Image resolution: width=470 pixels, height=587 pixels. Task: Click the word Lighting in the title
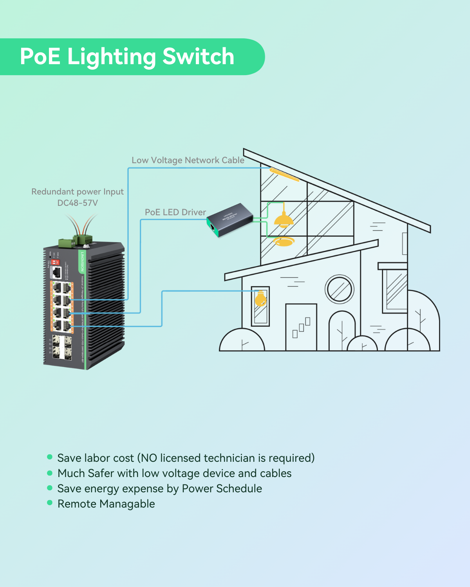pos(111,57)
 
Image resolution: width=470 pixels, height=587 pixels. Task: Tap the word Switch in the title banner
pos(198,57)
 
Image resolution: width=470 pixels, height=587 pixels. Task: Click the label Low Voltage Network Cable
pos(188,160)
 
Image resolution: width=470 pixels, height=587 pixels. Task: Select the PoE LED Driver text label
pos(175,212)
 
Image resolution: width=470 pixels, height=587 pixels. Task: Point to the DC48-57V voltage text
pos(78,203)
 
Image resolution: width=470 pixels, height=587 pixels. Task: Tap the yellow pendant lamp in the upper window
pos(284,220)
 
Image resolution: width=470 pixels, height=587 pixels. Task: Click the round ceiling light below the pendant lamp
pos(283,241)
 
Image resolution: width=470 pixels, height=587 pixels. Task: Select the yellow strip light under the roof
pos(284,175)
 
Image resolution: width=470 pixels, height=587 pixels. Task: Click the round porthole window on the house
pos(340,290)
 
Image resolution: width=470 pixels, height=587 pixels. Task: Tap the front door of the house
pos(301,327)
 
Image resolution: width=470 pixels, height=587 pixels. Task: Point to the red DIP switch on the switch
pos(55,261)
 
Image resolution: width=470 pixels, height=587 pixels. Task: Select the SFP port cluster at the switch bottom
pos(62,347)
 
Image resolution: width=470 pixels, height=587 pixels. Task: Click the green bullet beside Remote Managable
pos(50,503)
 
